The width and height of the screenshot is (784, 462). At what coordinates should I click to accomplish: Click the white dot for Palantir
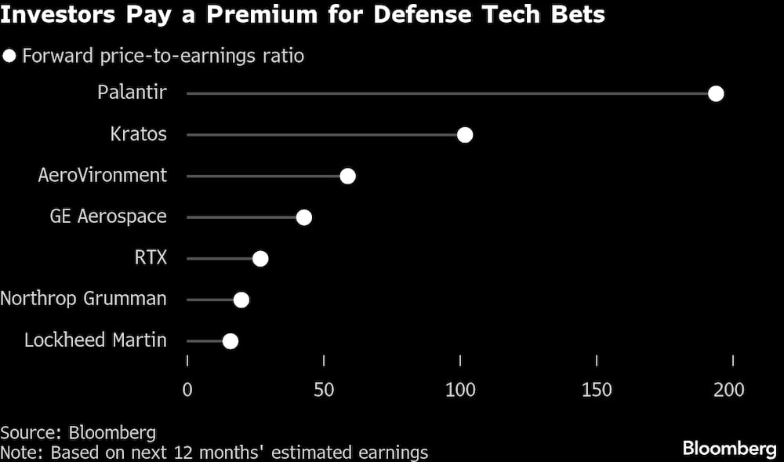pyautogui.click(x=715, y=94)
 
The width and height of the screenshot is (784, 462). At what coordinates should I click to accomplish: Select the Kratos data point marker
pyautogui.click(x=464, y=135)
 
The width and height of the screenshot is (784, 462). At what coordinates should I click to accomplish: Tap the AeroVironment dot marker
pyautogui.click(x=347, y=176)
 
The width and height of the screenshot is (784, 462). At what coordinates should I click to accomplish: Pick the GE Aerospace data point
pyautogui.click(x=303, y=217)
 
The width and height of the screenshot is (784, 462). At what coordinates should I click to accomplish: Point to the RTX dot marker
pyautogui.click(x=260, y=259)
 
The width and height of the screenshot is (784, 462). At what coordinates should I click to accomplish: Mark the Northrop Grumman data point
pyautogui.click(x=241, y=300)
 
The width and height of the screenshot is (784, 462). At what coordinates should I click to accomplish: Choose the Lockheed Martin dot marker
pyautogui.click(x=230, y=341)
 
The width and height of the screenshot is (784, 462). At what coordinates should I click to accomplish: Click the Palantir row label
pyautogui.click(x=132, y=93)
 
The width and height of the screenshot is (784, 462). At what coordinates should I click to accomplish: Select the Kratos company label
pyautogui.click(x=139, y=134)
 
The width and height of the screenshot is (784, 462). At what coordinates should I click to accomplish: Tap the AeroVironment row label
pyautogui.click(x=103, y=175)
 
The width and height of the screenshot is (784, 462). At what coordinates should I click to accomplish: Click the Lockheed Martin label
pyautogui.click(x=96, y=340)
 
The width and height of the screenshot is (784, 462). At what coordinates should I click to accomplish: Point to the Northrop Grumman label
pyautogui.click(x=84, y=299)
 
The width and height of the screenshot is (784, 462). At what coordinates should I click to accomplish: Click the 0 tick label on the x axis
pyautogui.click(x=187, y=390)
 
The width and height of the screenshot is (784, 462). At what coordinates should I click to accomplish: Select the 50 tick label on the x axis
pyautogui.click(x=324, y=390)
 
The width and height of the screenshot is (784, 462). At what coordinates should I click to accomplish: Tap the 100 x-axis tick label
pyautogui.click(x=460, y=390)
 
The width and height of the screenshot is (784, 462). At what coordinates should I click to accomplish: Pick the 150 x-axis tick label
pyautogui.click(x=597, y=390)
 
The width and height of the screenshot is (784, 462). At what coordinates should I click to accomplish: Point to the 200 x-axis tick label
pyautogui.click(x=733, y=390)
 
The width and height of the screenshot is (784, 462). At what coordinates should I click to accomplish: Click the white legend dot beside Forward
pyautogui.click(x=10, y=56)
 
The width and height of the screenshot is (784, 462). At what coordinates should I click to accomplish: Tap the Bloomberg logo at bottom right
pyautogui.click(x=729, y=449)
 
